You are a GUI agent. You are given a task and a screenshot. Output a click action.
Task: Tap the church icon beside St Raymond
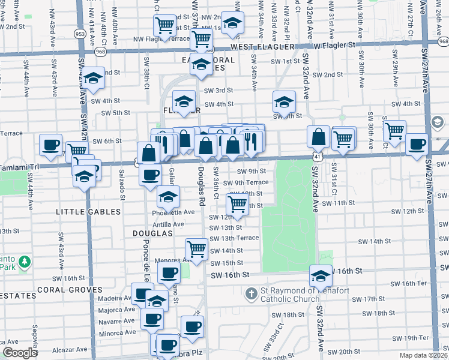click(252, 292)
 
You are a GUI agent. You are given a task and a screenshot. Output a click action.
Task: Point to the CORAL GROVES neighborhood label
click(70, 289)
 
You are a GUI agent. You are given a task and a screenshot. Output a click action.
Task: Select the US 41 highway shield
click(316, 156)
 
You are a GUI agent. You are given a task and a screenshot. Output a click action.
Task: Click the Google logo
click(20, 353)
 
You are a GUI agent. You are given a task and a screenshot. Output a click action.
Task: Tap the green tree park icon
click(24, 262)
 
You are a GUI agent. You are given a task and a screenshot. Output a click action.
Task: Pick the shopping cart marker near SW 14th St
click(197, 248)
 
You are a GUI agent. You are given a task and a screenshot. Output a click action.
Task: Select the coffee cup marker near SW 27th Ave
click(417, 145)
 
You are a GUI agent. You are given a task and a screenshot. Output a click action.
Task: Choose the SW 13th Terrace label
click(234, 238)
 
